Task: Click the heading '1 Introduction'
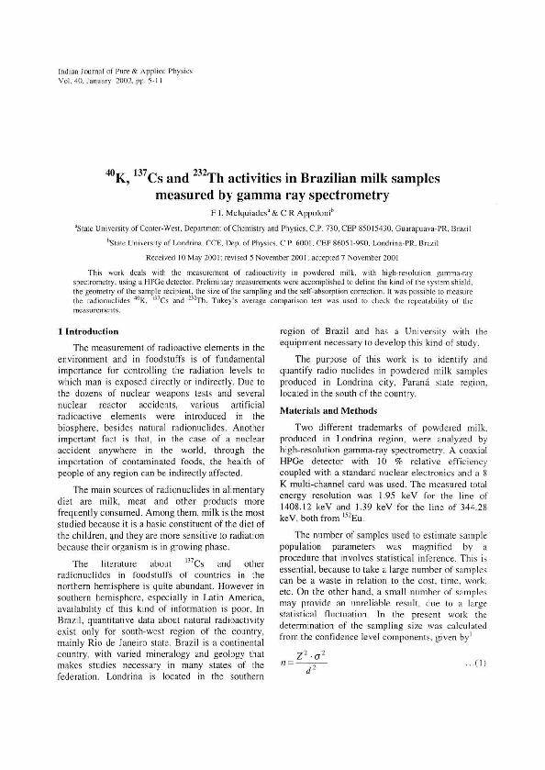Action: coord(88,330)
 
